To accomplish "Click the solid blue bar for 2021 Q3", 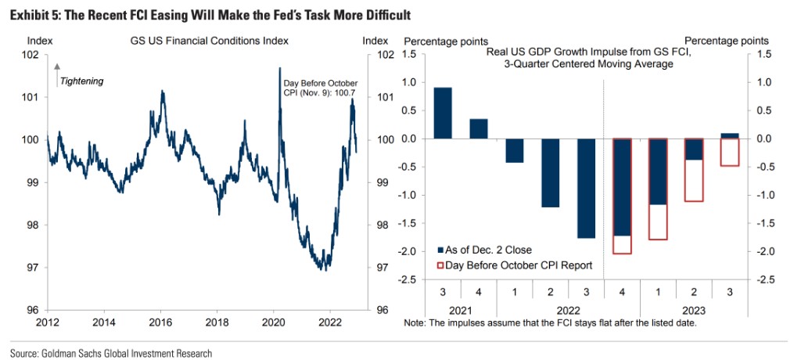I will [x=443, y=113].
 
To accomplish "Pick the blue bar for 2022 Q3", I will [x=586, y=188].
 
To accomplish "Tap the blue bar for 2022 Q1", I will [x=514, y=150].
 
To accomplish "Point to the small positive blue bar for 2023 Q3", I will [x=729, y=136].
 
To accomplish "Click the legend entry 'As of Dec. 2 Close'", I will [x=482, y=250].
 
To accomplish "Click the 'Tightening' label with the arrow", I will [x=81, y=81].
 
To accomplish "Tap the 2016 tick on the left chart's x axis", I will [x=160, y=321].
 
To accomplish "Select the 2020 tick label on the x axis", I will [x=274, y=321].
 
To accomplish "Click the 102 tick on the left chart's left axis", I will [x=31, y=55].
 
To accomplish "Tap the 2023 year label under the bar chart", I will [x=692, y=310].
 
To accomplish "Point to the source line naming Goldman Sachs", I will [x=111, y=352].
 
